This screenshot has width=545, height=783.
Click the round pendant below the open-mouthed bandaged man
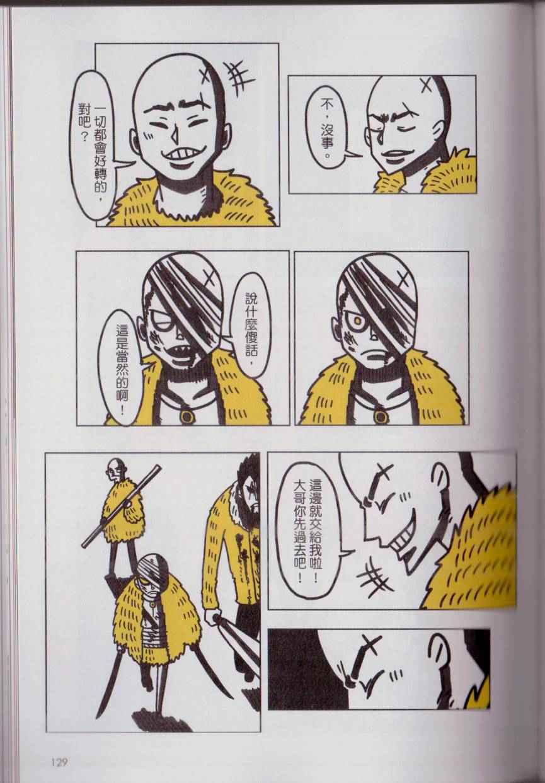coord(186,416)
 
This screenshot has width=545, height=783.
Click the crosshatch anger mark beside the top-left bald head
coord(239,78)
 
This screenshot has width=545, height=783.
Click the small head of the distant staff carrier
coord(112,471)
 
